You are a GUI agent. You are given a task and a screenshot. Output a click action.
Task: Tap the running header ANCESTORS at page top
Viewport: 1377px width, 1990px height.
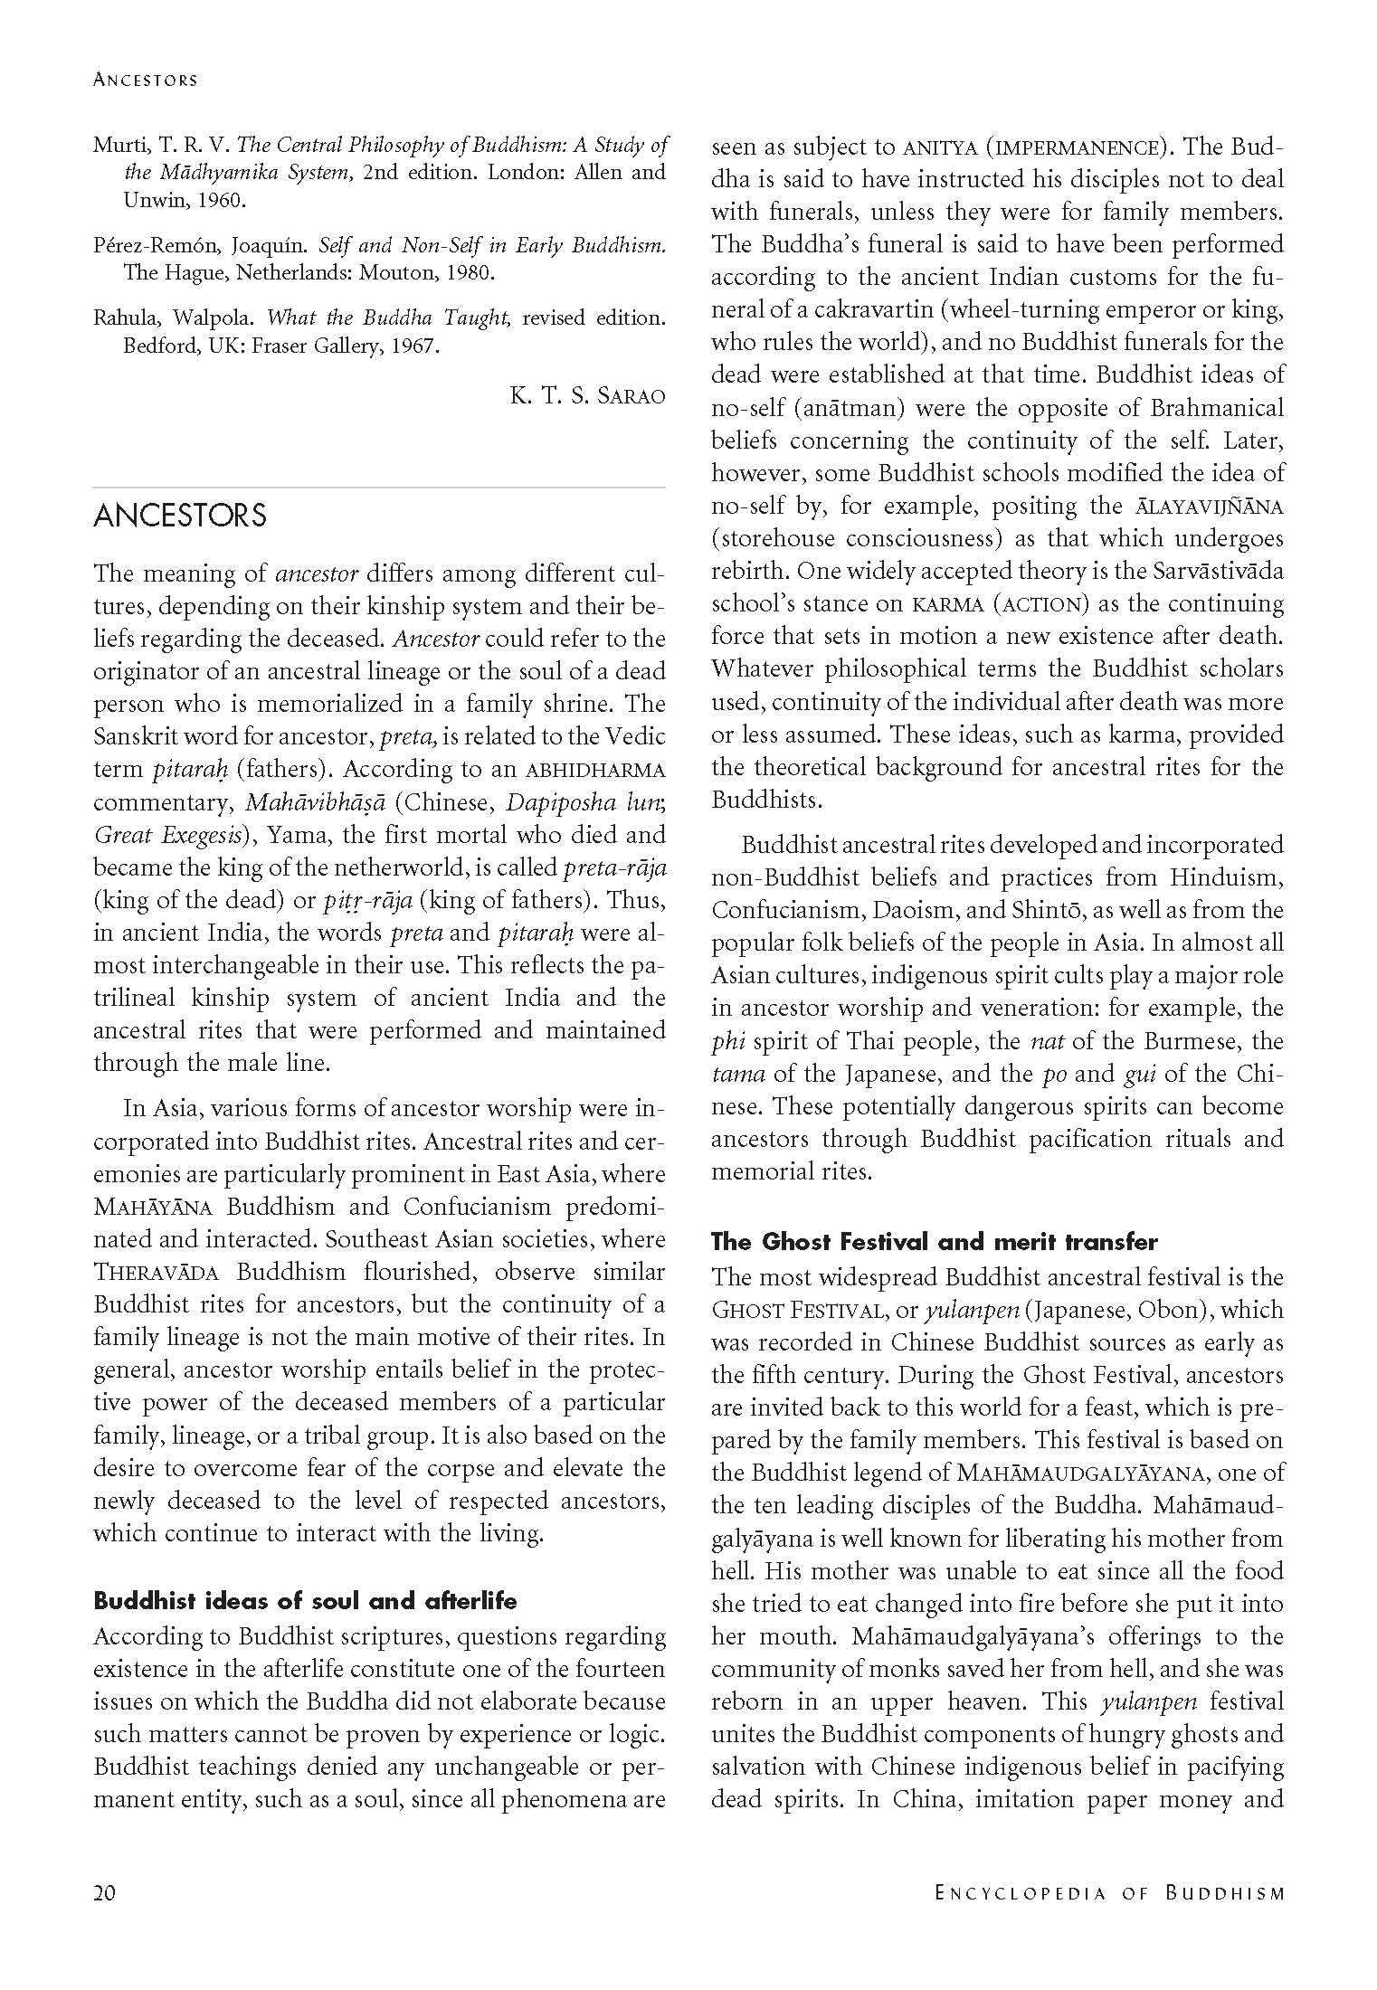[145, 80]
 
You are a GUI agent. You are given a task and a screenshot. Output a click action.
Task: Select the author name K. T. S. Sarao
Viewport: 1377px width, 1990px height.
[587, 395]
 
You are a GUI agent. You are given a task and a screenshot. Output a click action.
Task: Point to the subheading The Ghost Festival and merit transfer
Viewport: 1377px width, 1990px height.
[934, 1241]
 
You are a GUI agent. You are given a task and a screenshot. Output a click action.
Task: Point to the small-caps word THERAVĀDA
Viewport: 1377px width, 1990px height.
[157, 1273]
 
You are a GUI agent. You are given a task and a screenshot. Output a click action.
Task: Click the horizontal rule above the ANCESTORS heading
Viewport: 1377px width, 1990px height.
[379, 488]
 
